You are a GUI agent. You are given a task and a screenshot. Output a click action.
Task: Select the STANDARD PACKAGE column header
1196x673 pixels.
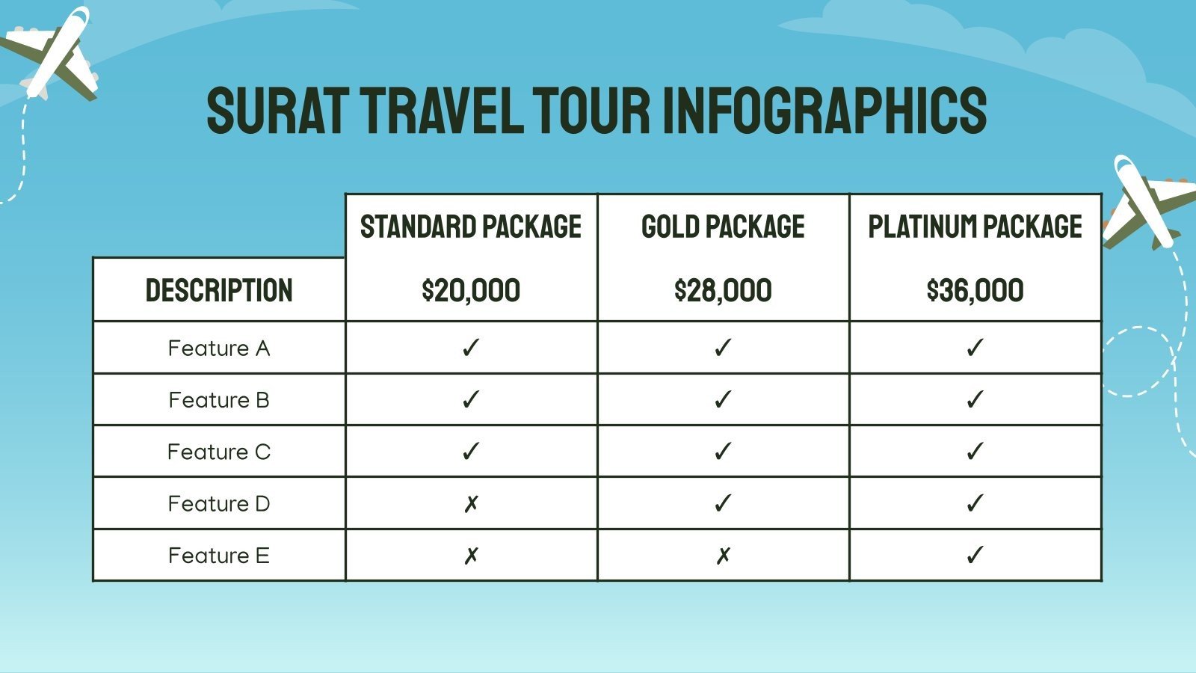[471, 227]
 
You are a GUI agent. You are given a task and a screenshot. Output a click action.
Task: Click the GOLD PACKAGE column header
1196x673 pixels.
[723, 227]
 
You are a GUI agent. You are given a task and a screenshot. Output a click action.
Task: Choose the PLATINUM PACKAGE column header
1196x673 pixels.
[975, 227]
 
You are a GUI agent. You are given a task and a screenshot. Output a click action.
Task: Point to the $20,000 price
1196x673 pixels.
[471, 290]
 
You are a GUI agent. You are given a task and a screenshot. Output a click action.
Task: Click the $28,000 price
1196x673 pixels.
[723, 290]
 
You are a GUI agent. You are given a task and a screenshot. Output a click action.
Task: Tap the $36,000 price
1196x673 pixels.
[975, 290]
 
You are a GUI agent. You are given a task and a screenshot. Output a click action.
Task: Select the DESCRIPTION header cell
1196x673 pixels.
[219, 290]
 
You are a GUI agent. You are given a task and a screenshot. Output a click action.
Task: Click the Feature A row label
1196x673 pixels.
[219, 348]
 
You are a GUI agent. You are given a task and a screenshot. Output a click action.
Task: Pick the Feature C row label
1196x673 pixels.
[219, 452]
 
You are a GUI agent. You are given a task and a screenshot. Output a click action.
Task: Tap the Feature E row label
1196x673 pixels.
[219, 556]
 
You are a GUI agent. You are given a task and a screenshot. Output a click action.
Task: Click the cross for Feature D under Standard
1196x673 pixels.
[471, 504]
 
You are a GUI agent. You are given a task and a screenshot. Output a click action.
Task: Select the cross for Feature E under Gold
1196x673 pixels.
[723, 556]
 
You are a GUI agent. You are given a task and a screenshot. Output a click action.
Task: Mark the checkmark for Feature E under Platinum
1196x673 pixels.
[975, 555]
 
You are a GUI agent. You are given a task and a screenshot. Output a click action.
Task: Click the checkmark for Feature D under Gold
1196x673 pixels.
[723, 503]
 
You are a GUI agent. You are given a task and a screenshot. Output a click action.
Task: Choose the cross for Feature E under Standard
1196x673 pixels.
[471, 556]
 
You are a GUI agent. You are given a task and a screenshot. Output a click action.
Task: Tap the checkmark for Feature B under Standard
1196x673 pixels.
[471, 399]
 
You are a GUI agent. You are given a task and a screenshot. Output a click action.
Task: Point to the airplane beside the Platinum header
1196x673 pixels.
[1147, 202]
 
